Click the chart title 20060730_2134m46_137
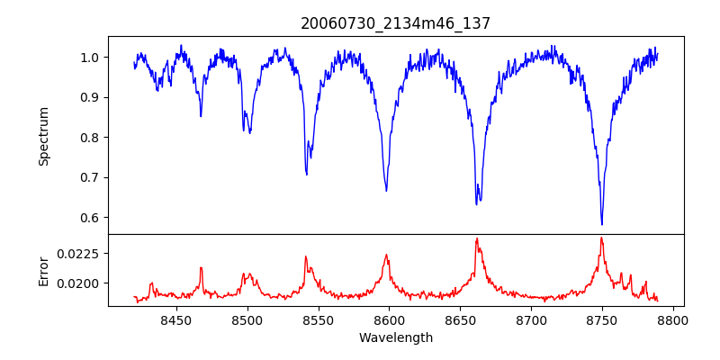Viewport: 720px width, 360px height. (396, 23)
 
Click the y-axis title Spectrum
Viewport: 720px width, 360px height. (43, 136)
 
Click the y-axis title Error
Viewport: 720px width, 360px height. (43, 270)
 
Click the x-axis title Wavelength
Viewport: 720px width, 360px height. (396, 337)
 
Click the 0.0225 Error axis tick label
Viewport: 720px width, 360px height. (79, 254)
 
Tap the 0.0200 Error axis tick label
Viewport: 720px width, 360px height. (79, 283)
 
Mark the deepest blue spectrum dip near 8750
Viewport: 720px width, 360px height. (601, 224)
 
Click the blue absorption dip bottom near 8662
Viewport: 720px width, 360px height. (477, 204)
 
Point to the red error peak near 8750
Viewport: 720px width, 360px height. (601, 238)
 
